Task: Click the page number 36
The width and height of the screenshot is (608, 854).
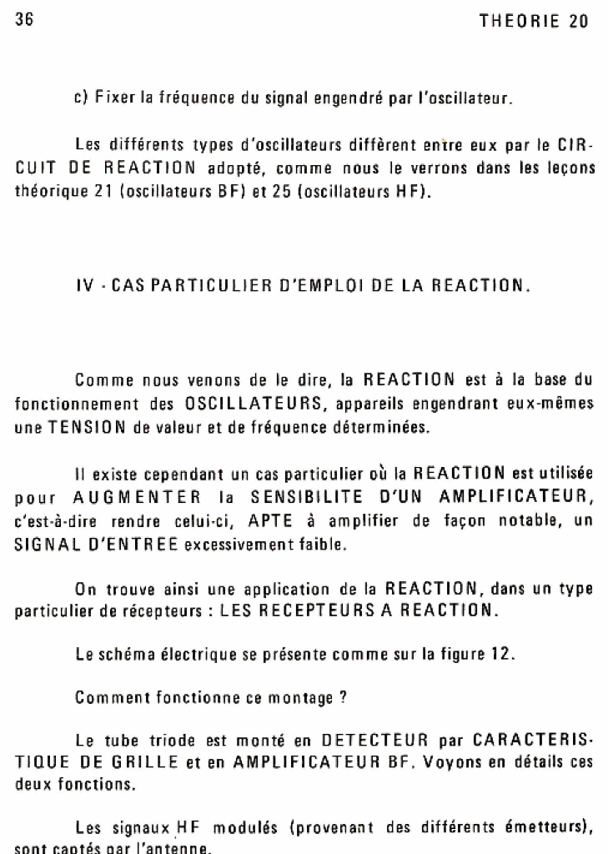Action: (24, 22)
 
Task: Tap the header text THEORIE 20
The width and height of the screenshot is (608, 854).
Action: (534, 23)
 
